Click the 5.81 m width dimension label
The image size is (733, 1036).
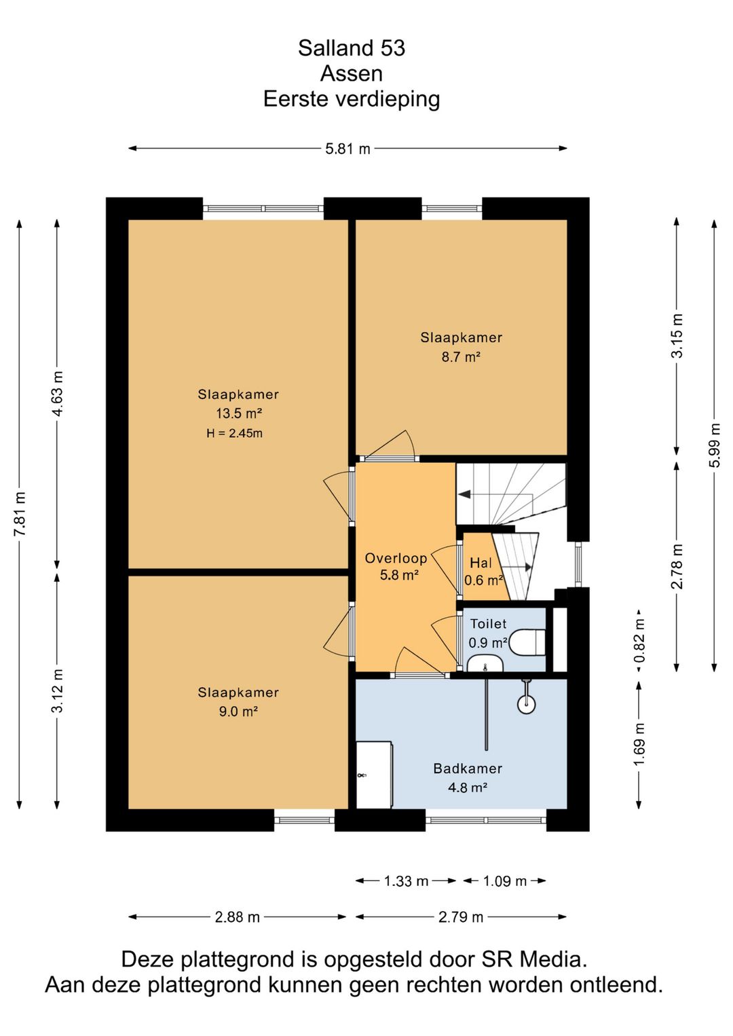347,149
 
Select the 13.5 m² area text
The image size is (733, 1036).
239,413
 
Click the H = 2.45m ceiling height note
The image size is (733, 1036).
234,433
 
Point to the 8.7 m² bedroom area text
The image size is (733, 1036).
461,357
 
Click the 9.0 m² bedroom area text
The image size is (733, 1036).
238,711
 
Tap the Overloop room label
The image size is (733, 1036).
396,558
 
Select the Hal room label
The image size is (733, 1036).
481,563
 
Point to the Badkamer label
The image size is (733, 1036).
468,769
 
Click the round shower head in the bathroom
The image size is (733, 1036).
526,705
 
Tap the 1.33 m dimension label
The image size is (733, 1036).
406,881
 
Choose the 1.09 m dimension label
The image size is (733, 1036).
504,881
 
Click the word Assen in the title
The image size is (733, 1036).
352,73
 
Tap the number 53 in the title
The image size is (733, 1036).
393,48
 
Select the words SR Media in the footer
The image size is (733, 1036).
534,959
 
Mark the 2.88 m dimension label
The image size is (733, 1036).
238,917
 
